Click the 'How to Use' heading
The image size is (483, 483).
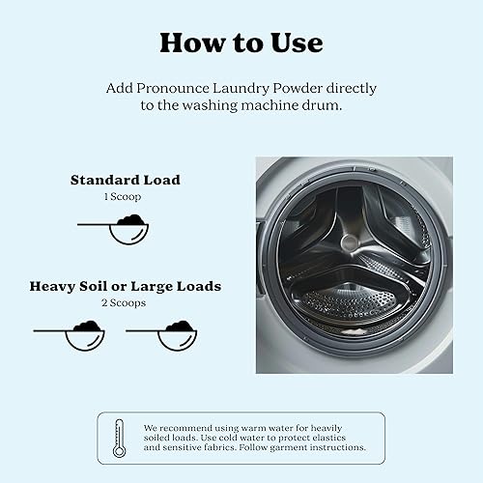(x=241, y=43)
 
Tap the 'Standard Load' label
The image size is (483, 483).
(x=125, y=180)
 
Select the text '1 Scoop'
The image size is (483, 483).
(x=125, y=196)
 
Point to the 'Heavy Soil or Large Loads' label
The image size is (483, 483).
(x=125, y=286)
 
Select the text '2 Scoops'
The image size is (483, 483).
(x=125, y=302)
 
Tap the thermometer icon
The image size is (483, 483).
(x=119, y=438)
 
